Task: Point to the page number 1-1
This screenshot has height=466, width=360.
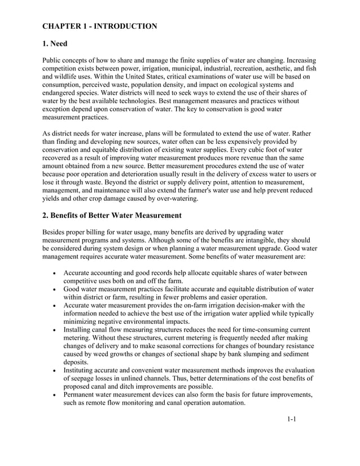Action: [292, 419]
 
